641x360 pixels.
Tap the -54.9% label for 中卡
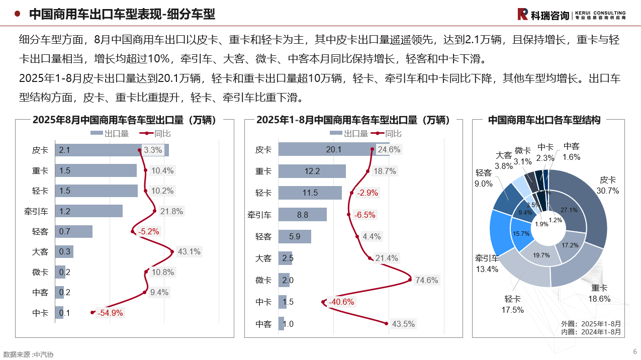pyautogui.click(x=110, y=313)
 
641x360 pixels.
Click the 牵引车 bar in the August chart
pyautogui.click(x=89, y=211)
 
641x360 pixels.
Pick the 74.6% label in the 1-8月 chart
pyautogui.click(x=426, y=280)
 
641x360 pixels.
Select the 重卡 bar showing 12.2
pyautogui.click(x=312, y=171)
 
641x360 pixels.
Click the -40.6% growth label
pyautogui.click(x=341, y=302)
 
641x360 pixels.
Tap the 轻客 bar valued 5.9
pyautogui.click(x=295, y=236)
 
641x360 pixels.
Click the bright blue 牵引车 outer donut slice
pyautogui.click(x=500, y=232)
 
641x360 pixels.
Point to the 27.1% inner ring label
pyautogui.click(x=569, y=210)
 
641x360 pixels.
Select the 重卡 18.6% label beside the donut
pyautogui.click(x=599, y=294)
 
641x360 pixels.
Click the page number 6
pyautogui.click(x=634, y=351)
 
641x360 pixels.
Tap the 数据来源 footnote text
pyautogui.click(x=28, y=354)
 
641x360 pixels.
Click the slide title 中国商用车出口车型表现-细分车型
pyautogui.click(x=122, y=14)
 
